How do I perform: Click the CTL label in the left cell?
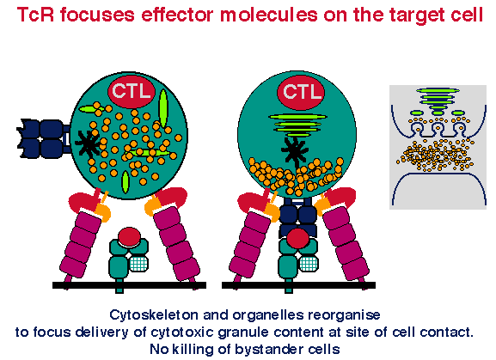tap(132, 91)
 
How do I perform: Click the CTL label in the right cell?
tap(302, 92)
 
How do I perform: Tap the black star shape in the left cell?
tap(89, 144)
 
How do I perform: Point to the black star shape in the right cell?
tap(295, 152)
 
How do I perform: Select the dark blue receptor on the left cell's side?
tap(43, 138)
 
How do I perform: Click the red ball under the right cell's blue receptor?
tap(297, 238)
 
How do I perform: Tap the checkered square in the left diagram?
tap(139, 264)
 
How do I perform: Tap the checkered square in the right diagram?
tap(309, 264)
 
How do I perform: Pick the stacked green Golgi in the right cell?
tap(297, 125)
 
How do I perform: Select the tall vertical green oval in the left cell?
tap(163, 108)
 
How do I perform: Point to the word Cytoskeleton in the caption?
tap(155, 314)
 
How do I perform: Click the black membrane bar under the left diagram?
tap(129, 285)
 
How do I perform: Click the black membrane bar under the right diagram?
tap(298, 285)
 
